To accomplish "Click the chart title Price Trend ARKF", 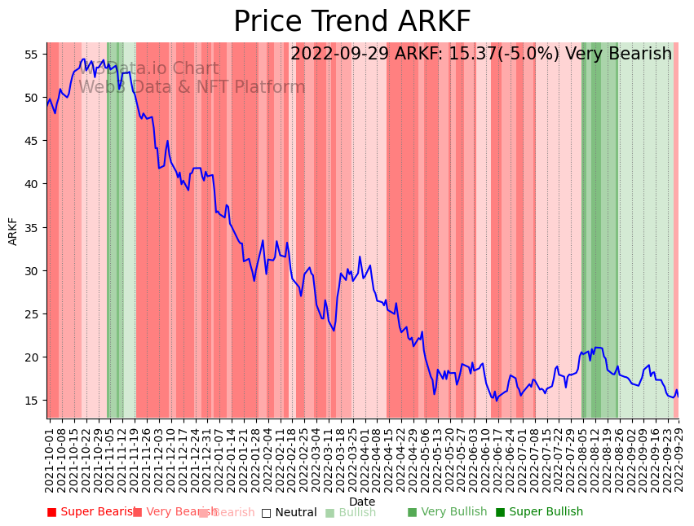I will [x=351, y=22].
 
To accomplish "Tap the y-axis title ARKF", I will [x=13, y=230].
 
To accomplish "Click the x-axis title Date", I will [x=362, y=502].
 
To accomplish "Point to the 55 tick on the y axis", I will [x=32, y=55].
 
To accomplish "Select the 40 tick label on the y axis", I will [x=32, y=184].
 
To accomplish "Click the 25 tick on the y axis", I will [x=32, y=313].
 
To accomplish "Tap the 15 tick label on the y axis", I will [x=32, y=400].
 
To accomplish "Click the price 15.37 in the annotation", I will [x=471, y=54].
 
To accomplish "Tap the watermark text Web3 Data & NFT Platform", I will [x=192, y=87].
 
